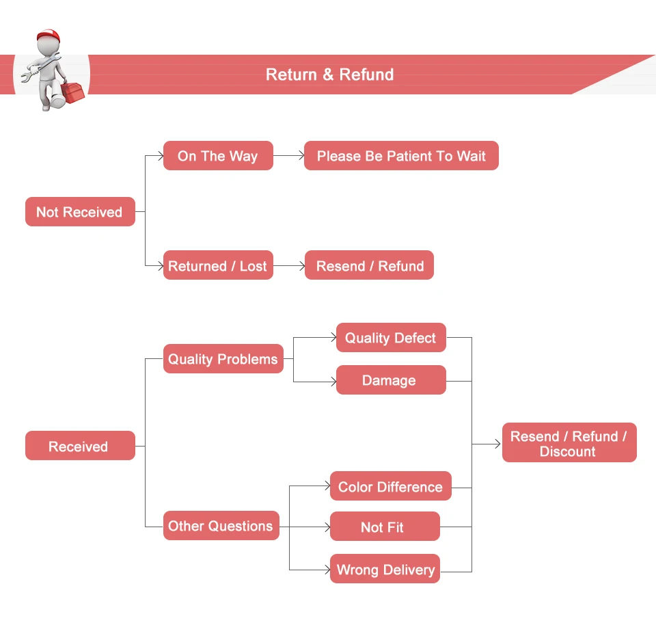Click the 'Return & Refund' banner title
click(x=329, y=75)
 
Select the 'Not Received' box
click(x=80, y=212)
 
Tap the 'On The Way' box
click(x=218, y=156)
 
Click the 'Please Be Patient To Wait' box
click(x=401, y=156)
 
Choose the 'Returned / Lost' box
click(x=218, y=266)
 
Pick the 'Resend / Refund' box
click(x=370, y=266)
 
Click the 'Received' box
click(x=80, y=446)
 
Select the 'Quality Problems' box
click(x=223, y=359)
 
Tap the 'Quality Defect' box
click(x=390, y=338)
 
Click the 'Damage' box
click(x=390, y=380)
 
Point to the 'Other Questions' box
click(x=221, y=526)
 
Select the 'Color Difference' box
click(x=390, y=487)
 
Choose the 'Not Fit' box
click(x=384, y=527)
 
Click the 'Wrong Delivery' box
click(x=385, y=569)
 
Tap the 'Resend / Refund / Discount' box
click(x=569, y=443)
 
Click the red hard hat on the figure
click(x=48, y=36)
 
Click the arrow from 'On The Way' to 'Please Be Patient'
click(x=289, y=156)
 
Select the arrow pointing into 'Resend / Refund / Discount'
click(x=487, y=444)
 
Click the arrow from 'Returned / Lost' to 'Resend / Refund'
click(x=290, y=266)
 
